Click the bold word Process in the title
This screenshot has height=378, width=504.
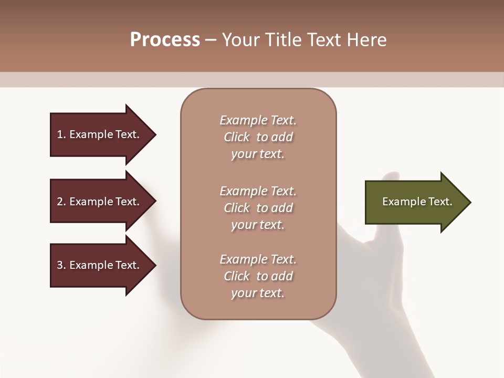165,39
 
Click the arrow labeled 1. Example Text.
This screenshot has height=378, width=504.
100,134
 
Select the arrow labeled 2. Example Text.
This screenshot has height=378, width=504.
100,202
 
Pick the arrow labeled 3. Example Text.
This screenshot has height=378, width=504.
100,265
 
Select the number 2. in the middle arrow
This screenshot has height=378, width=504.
61,202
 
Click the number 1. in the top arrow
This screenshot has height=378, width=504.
61,134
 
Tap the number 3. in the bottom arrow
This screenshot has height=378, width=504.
61,265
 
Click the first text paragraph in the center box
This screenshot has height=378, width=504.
258,137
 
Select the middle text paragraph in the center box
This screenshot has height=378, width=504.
258,207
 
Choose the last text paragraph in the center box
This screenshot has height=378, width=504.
258,276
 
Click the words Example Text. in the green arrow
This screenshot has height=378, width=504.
417,202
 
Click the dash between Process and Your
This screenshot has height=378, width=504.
211,40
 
